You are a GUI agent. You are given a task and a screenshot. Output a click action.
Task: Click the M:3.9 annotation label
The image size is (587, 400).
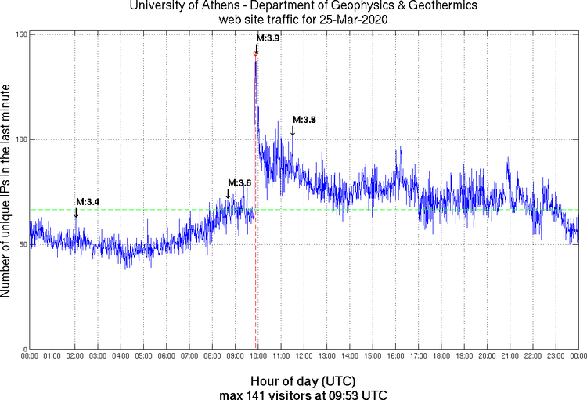point(268,38)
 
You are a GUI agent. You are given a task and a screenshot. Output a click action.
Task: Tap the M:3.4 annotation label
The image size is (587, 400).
point(88,203)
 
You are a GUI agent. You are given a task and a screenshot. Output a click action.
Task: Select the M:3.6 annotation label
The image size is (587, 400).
point(239,183)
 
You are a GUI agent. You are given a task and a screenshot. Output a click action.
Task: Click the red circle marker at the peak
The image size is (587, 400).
point(256,53)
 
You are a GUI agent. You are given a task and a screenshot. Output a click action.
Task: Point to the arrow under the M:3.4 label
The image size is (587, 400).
point(76,213)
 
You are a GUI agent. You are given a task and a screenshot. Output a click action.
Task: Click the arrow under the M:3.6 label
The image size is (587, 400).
point(228,194)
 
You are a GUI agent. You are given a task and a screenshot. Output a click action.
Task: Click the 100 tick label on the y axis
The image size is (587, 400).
point(20,139)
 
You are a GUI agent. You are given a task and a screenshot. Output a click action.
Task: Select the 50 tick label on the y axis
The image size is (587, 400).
point(22,244)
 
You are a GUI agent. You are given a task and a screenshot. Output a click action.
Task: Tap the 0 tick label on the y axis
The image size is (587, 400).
point(24,349)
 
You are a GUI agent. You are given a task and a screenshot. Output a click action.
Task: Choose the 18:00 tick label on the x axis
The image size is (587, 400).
point(441,356)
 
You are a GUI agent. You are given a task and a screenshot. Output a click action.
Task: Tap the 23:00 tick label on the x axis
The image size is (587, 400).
point(556,356)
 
